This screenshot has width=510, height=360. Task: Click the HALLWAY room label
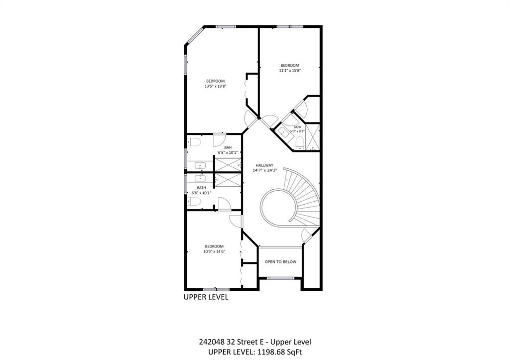pos(264,165)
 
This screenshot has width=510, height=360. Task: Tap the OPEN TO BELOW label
pos(280,262)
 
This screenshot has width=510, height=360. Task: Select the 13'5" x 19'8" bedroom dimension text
pos(215,86)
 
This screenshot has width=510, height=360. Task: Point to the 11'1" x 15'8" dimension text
pos(289,70)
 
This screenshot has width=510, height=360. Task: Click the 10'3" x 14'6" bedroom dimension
pos(214,251)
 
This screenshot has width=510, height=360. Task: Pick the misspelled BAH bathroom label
pos(228,147)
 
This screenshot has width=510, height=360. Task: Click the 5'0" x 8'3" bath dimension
pos(297,131)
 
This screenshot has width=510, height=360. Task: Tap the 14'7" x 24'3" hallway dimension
pos(265,170)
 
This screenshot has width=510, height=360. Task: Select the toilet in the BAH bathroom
pos(194,142)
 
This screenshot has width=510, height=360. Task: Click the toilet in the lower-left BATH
pos(194,202)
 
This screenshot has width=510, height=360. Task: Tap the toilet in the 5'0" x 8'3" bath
pos(299,142)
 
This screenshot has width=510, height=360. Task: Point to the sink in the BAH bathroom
pos(200,165)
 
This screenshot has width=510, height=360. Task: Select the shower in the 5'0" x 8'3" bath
pos(313,137)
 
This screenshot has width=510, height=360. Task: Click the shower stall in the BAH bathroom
pos(228,164)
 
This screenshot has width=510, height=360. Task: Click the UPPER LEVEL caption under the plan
pos(206,297)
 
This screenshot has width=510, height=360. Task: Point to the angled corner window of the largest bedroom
pos(195,35)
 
